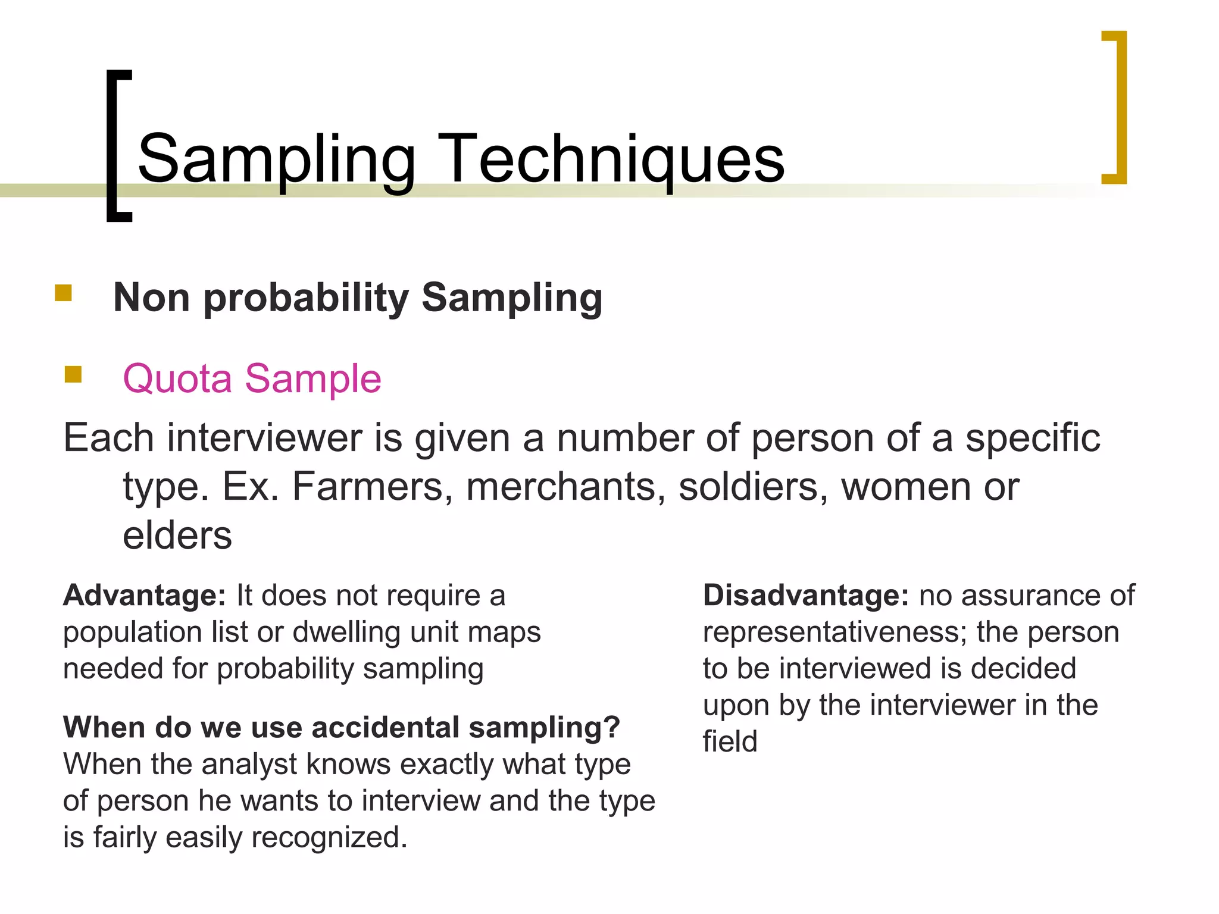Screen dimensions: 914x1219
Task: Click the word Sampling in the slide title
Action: pos(276,159)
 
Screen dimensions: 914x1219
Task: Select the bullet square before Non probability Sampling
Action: pos(64,293)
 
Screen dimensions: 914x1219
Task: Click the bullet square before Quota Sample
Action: pos(73,374)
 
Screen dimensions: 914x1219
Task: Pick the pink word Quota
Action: pos(177,378)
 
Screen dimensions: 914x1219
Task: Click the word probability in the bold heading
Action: pos(306,298)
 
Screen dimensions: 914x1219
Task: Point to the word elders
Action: pos(177,536)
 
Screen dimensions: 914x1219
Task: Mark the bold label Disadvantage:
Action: pos(806,596)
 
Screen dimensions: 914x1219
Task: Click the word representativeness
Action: pos(835,633)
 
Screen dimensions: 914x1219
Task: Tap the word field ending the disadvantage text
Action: pos(730,742)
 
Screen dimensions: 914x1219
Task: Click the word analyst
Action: pos(249,765)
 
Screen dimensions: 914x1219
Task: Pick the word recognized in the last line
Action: pos(329,838)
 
